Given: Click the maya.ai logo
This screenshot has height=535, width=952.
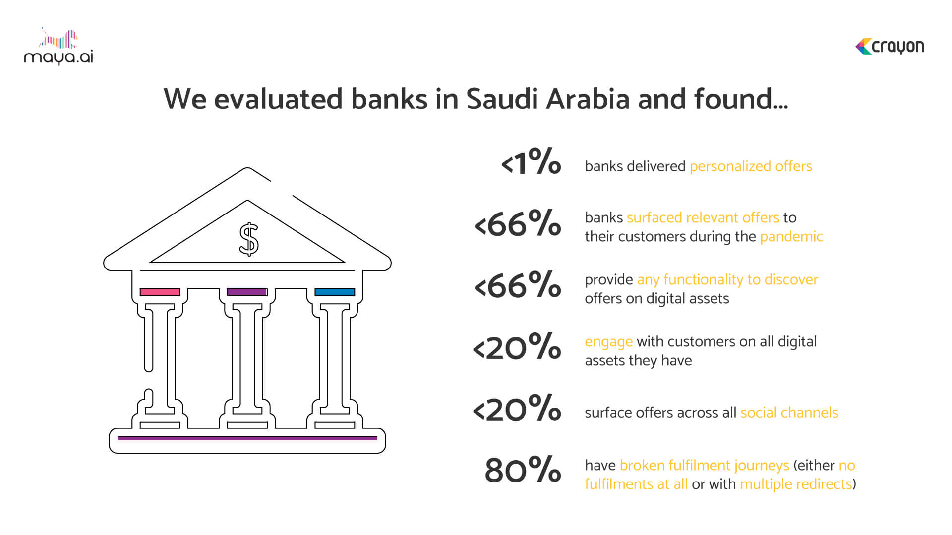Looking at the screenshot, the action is [59, 47].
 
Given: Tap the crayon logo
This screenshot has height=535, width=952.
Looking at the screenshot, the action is [890, 47].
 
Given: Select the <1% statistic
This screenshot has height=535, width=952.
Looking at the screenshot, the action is [531, 161].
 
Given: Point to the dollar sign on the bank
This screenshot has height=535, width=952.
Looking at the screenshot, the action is [248, 239].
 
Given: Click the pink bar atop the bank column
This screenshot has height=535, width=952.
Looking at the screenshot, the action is [160, 292].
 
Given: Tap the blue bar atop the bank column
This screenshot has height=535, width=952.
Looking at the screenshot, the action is [335, 292].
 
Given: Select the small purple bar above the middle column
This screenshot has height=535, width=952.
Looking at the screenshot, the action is [247, 292].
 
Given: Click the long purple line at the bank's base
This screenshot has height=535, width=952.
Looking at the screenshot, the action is [247, 438].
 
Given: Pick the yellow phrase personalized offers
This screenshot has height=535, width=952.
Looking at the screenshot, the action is [751, 166].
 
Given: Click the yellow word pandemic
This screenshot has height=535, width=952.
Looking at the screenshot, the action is [791, 236].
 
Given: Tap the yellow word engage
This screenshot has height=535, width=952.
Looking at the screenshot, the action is [608, 342].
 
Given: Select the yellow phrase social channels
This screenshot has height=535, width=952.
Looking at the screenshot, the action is [789, 413].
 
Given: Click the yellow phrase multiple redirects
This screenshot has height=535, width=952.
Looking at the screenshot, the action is [796, 484].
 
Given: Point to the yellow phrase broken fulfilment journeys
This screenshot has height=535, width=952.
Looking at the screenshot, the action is [704, 466].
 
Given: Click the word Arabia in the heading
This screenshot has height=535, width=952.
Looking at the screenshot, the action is [588, 99].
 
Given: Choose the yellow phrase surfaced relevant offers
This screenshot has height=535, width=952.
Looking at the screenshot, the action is [703, 217].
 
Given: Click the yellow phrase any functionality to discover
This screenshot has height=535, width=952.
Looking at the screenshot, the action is [727, 280].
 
